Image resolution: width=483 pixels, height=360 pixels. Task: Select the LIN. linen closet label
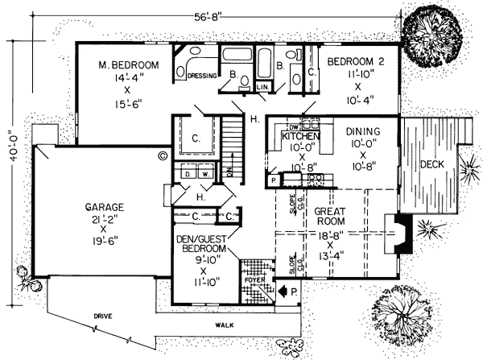(262, 85)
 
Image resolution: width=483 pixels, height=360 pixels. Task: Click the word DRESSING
(201, 77)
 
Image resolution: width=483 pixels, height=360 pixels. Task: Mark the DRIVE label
(101, 317)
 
